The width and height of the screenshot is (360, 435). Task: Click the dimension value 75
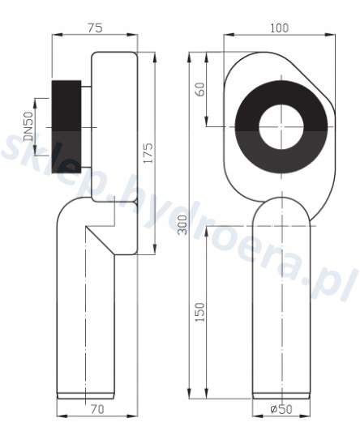pyautogui.click(x=95, y=28)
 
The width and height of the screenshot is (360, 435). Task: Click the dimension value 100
pyautogui.click(x=280, y=28)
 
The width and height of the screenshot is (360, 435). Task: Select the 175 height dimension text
pyautogui.click(x=148, y=153)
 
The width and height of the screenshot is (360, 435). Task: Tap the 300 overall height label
pyautogui.click(x=182, y=225)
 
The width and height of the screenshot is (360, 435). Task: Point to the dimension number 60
pyautogui.click(x=200, y=89)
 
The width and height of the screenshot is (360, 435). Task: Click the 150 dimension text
pyautogui.click(x=200, y=312)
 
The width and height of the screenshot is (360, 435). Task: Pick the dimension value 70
pyautogui.click(x=97, y=409)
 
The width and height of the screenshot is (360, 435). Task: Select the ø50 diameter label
pyautogui.click(x=281, y=409)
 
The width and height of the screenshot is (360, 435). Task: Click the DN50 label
pyautogui.click(x=28, y=126)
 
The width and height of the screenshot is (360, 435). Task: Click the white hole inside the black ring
pyautogui.click(x=281, y=127)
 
